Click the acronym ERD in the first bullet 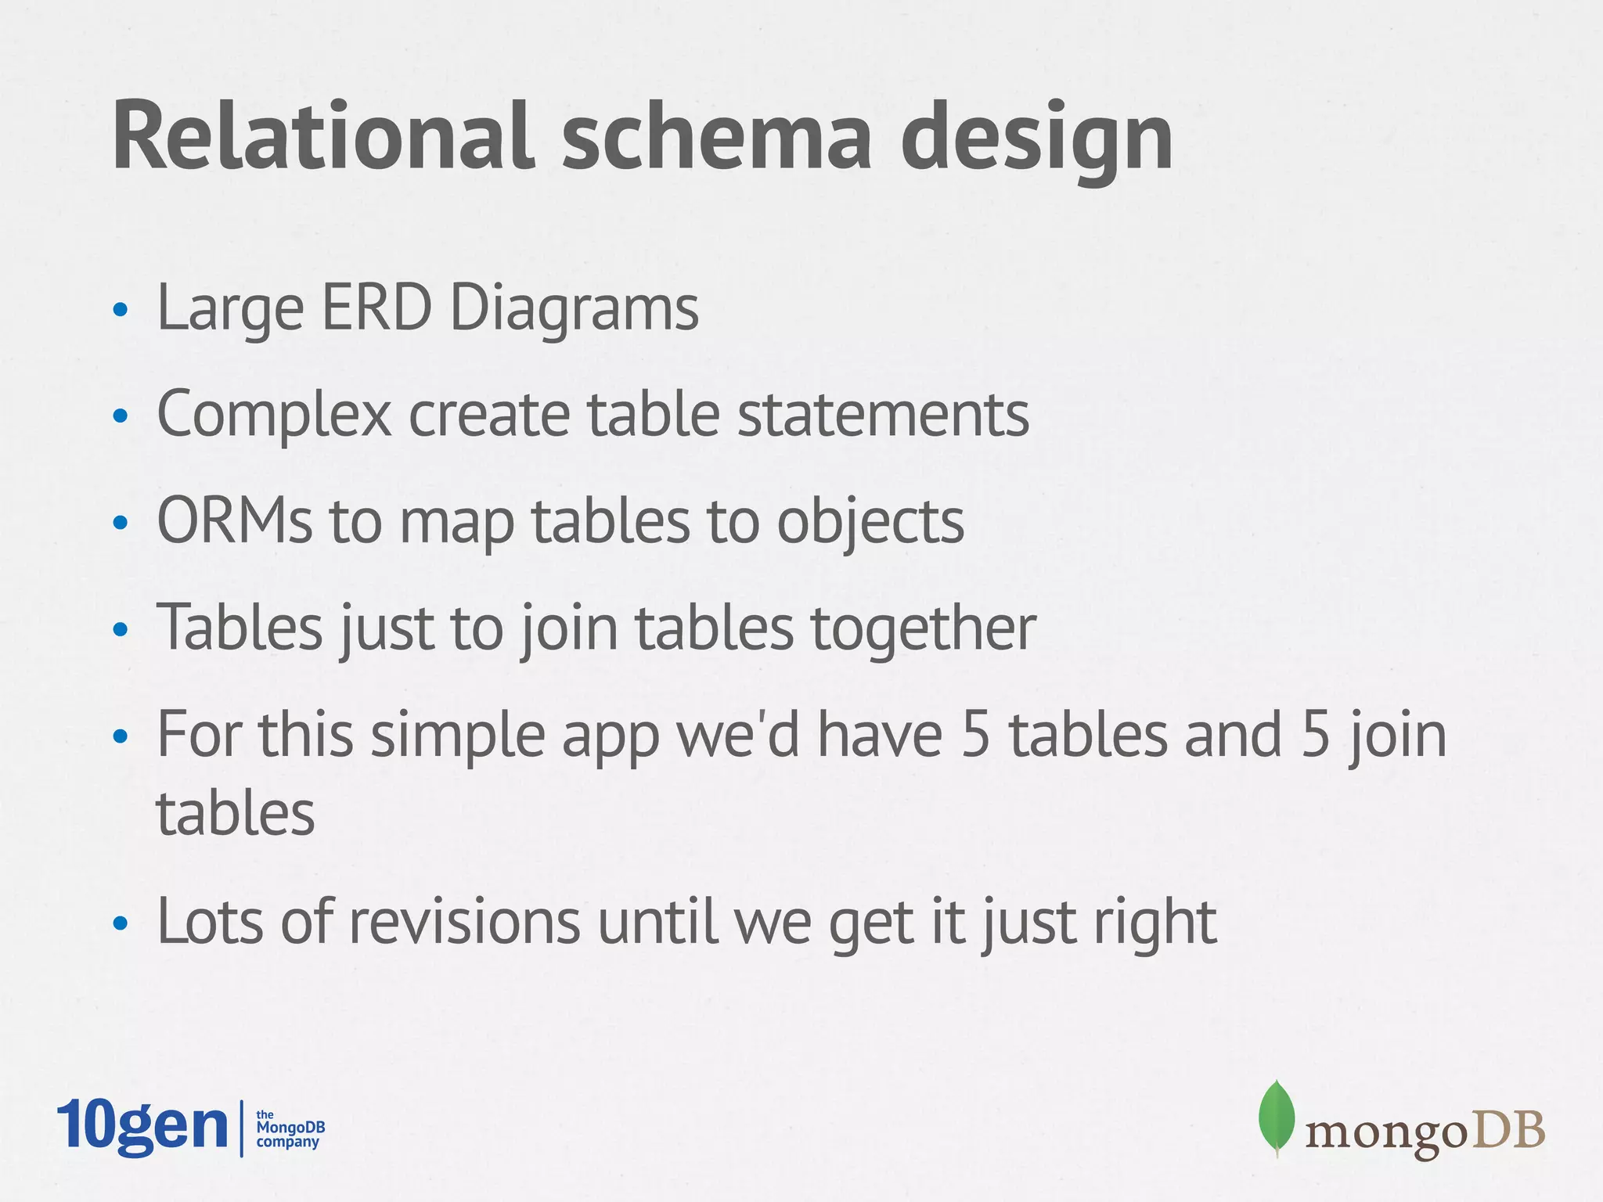click(376, 308)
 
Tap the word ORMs click(234, 520)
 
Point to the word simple click(457, 736)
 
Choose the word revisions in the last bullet click(465, 921)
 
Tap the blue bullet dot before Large click(120, 310)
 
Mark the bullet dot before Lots click(120, 923)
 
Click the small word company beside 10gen click(288, 1143)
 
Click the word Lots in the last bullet click(209, 921)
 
